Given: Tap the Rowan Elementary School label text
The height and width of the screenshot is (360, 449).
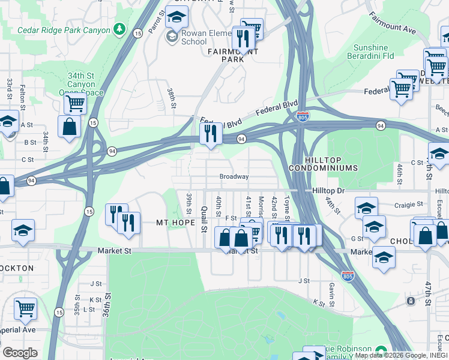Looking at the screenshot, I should tap(194, 38).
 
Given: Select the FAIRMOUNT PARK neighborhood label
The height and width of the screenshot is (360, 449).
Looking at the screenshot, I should tap(225, 55).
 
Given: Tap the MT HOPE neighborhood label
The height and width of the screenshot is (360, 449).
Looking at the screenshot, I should tap(175, 223).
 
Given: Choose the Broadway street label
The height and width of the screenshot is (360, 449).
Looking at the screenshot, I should tap(234, 177).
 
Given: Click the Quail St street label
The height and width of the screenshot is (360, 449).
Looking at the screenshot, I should tap(205, 219).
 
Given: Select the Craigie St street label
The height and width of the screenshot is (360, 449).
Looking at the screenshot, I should tap(410, 205).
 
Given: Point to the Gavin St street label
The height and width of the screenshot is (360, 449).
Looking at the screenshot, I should tap(331, 291).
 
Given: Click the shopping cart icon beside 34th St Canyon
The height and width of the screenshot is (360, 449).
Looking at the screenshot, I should tap(76, 103).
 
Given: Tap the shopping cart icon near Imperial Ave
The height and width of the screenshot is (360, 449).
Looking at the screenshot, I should tap(25, 308).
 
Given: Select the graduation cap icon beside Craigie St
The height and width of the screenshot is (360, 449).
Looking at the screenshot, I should tap(366, 208).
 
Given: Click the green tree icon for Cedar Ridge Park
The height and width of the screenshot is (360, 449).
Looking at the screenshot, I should tap(120, 29).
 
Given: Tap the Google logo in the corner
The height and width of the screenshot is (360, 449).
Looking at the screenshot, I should tap(20, 353).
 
